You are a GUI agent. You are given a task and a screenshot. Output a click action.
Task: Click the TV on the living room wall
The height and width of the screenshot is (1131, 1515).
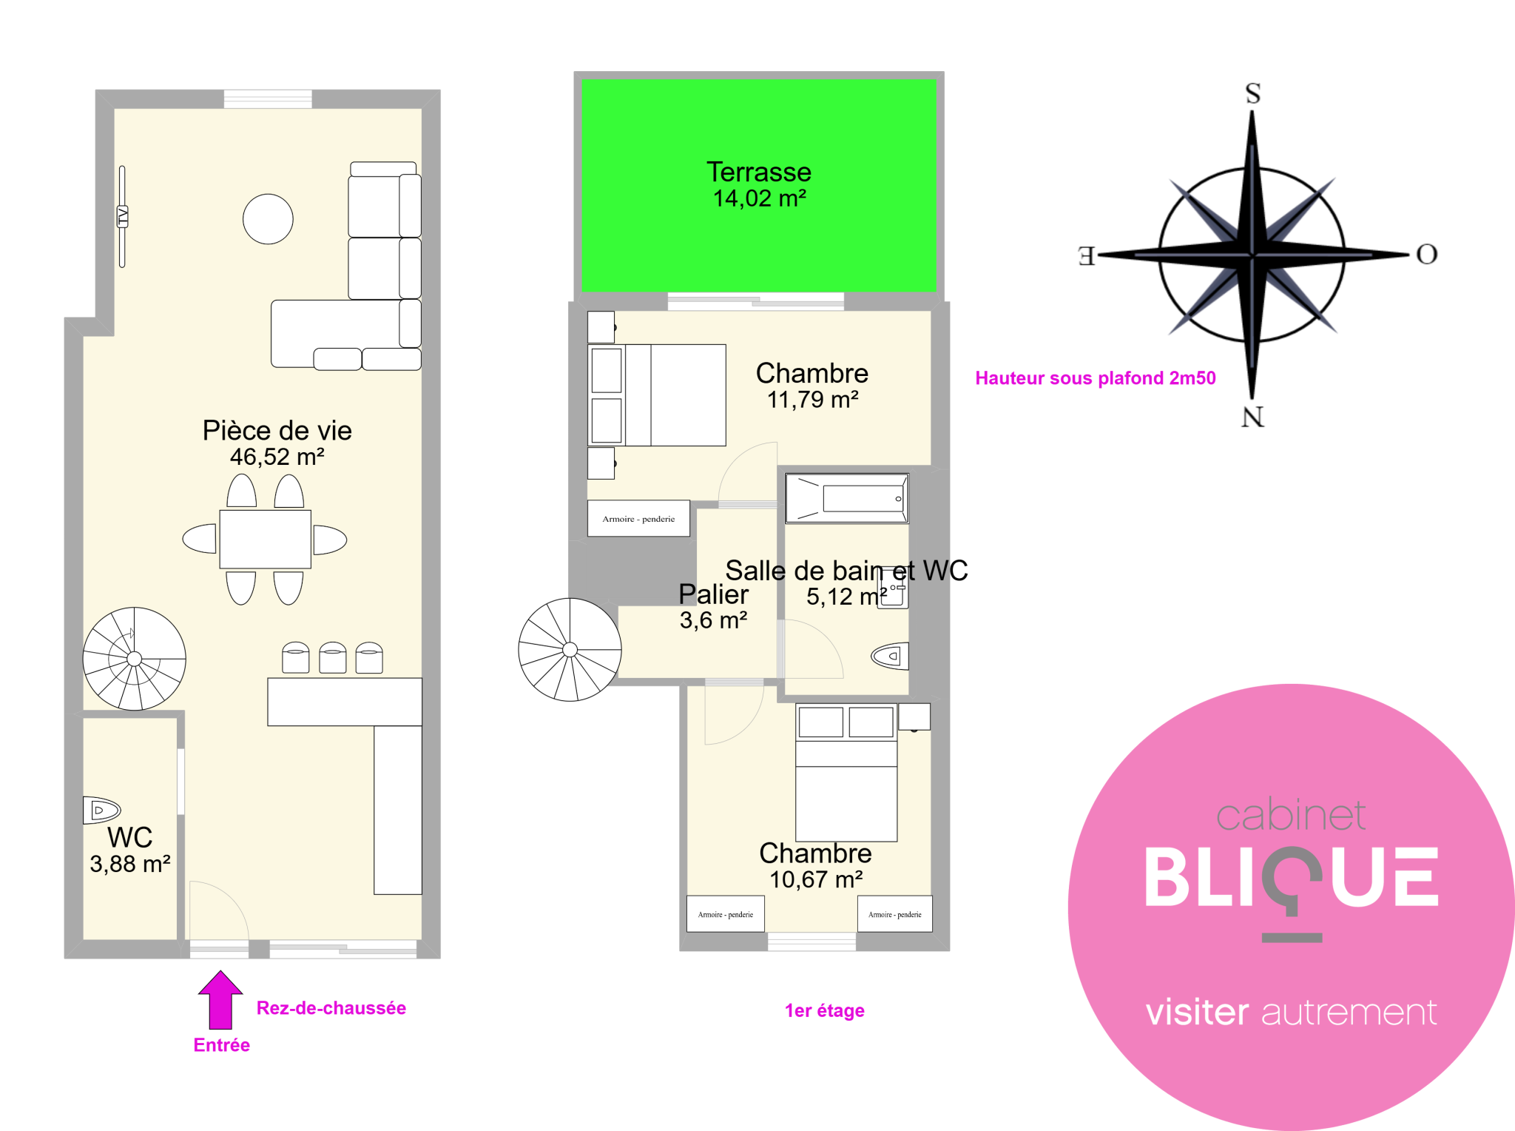(x=123, y=216)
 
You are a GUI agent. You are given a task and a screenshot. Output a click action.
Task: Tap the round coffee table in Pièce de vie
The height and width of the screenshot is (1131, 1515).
(x=268, y=219)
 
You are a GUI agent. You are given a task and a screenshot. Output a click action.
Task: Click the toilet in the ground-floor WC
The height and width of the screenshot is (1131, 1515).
(x=101, y=810)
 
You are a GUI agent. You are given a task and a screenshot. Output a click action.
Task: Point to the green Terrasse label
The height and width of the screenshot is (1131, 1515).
(x=759, y=172)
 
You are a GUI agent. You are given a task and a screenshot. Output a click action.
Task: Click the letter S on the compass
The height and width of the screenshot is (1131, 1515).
(x=1252, y=94)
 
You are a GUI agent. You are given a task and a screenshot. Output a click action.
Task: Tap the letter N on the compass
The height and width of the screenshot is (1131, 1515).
(x=1252, y=417)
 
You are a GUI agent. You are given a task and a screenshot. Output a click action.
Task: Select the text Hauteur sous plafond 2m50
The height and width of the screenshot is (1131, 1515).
(x=1095, y=378)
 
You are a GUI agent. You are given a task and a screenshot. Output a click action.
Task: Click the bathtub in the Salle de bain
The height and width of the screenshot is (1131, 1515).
(x=847, y=499)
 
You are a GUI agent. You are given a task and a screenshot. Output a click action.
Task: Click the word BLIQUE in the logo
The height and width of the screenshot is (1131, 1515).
(x=1291, y=879)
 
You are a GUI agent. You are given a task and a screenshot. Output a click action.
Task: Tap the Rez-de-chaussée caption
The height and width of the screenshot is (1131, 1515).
(x=331, y=1008)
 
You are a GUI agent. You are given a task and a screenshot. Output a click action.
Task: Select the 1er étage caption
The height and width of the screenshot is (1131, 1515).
(x=824, y=1010)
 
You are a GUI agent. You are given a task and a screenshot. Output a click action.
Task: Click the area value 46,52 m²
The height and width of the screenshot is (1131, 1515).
(x=277, y=457)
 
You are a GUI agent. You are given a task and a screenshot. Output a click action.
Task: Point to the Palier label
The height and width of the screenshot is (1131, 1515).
(x=713, y=594)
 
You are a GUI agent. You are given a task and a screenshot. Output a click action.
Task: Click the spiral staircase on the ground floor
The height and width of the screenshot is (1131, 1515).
(x=134, y=659)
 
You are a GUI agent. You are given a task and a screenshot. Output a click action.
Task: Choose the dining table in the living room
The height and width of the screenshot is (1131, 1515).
(x=265, y=540)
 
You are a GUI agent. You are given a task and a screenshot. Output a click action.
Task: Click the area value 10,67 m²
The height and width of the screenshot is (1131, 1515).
(x=816, y=879)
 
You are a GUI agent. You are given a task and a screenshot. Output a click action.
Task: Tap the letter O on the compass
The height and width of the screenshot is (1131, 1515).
(x=1426, y=255)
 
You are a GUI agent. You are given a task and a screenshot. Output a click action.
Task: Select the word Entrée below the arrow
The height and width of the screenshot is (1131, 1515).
(x=221, y=1045)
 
